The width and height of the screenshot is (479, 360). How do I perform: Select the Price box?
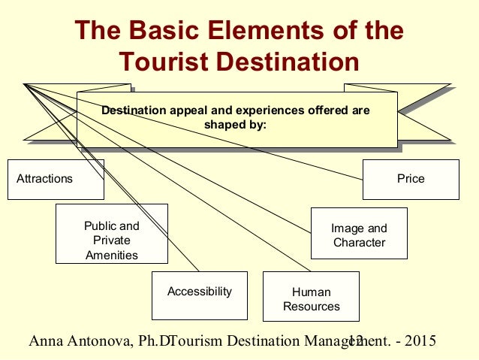[x=411, y=179]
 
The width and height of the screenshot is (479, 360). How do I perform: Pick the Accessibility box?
[x=199, y=292]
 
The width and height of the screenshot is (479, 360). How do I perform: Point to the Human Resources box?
[x=311, y=299]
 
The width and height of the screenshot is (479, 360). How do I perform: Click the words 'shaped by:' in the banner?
[x=236, y=124]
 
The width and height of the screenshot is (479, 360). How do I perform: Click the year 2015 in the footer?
[x=419, y=342]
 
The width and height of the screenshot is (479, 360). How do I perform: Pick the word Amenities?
[x=111, y=255]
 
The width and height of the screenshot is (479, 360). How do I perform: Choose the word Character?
[x=359, y=242]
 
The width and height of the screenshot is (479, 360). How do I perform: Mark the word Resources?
[x=311, y=306]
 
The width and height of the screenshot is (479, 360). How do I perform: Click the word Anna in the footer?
[x=44, y=342]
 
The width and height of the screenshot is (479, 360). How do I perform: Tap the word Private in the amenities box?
[x=111, y=241]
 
